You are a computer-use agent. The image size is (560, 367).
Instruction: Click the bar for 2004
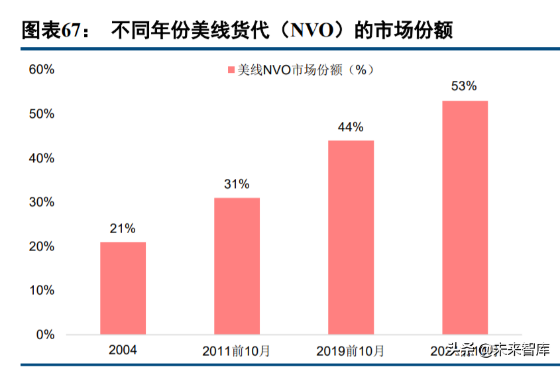tap(123, 288)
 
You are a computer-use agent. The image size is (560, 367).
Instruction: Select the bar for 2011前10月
tap(237, 266)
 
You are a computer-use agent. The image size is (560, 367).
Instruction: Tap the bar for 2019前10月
tap(351, 237)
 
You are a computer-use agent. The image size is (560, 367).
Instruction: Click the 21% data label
tap(123, 229)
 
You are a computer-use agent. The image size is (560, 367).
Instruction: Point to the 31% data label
tap(237, 184)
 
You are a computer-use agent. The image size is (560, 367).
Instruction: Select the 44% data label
tap(351, 127)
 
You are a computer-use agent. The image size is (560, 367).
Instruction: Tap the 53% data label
tap(464, 87)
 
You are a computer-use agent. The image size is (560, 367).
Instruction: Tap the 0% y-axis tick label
tap(44, 335)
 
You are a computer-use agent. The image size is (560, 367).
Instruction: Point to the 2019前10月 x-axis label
tap(351, 350)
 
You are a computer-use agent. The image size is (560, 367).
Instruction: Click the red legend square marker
tap(231, 70)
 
